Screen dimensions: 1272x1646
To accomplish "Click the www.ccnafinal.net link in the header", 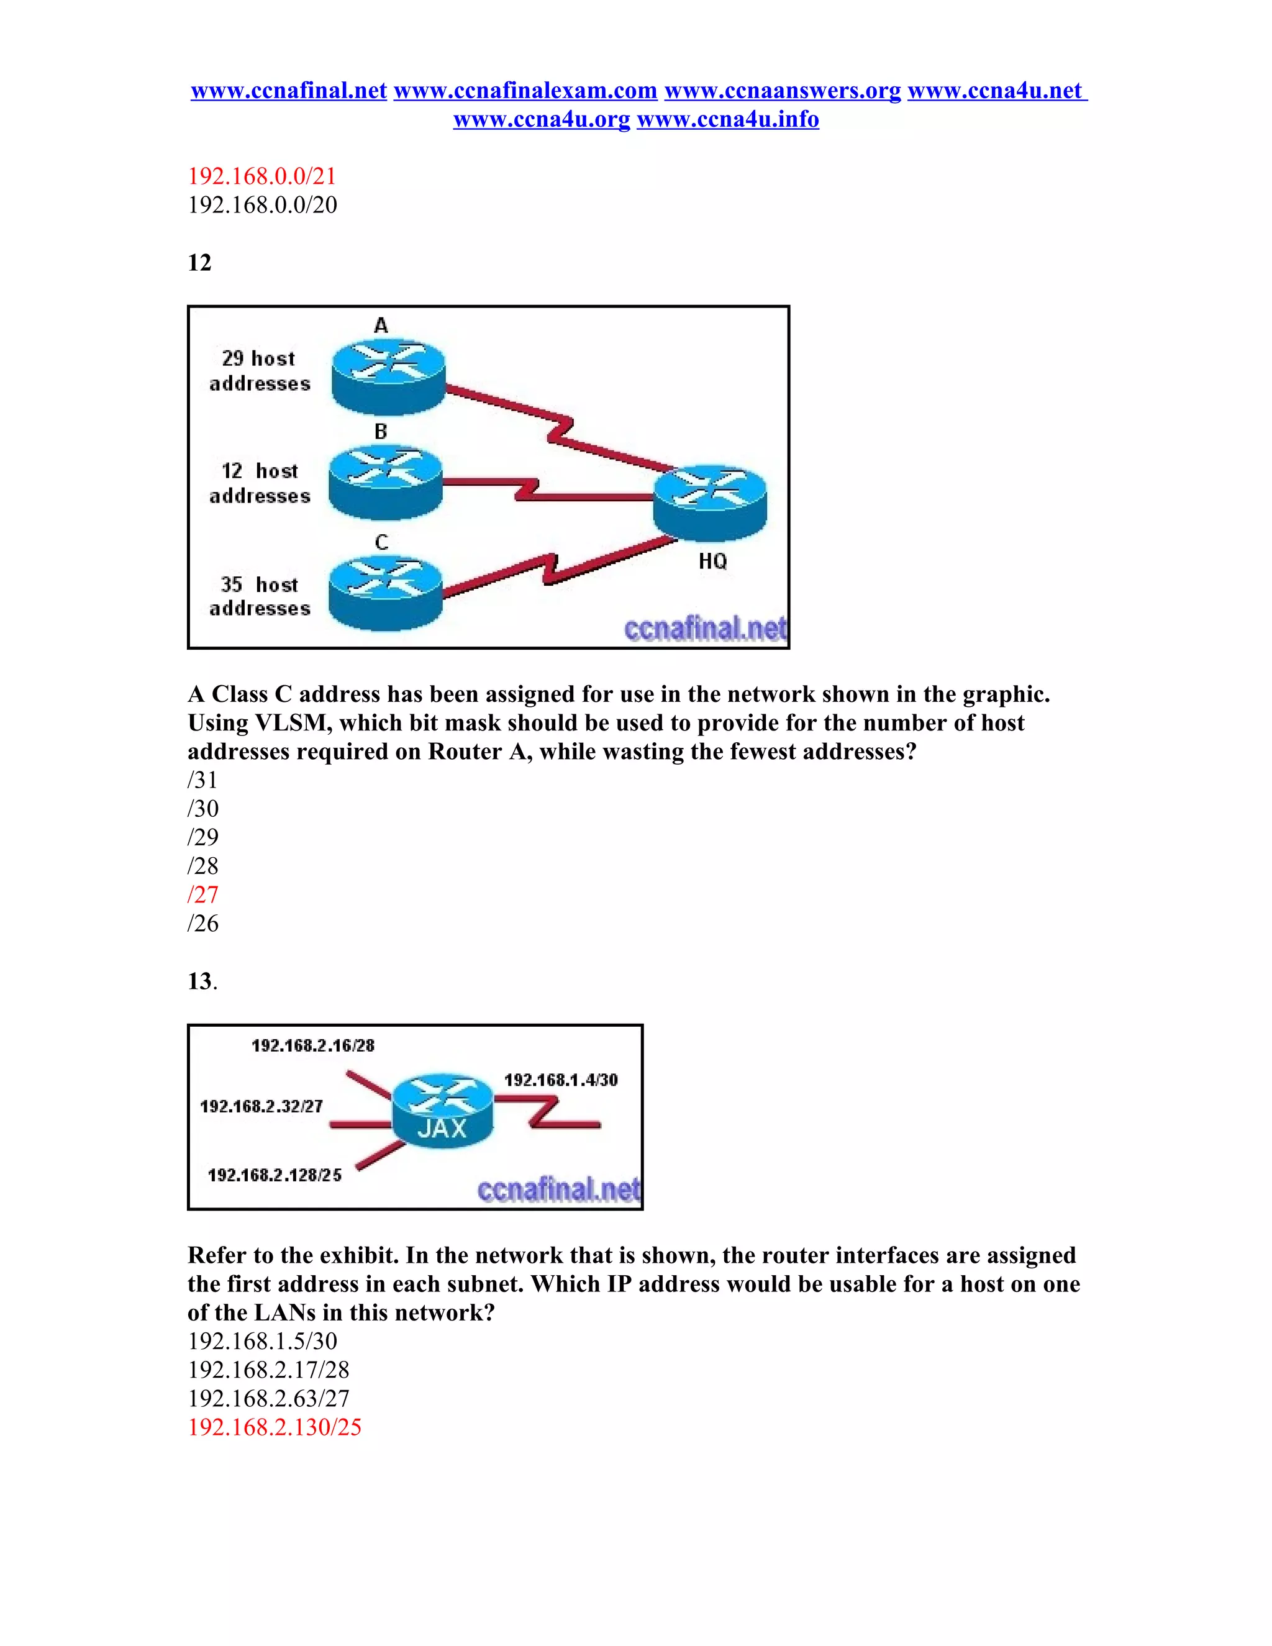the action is (289, 91).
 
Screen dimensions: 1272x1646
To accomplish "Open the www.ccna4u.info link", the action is (727, 119).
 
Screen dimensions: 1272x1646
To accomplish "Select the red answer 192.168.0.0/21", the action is (261, 176).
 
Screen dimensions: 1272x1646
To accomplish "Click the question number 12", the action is (200, 262).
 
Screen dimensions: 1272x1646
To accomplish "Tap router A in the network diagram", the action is (389, 374).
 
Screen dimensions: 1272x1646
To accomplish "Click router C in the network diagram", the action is (386, 591).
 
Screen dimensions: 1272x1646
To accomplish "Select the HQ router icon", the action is (710, 502).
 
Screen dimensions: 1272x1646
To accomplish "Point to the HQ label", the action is (712, 562).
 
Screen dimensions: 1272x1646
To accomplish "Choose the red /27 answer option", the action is (202, 894).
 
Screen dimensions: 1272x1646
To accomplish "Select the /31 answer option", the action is (202, 780).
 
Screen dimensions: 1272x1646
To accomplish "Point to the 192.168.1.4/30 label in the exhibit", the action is (561, 1080).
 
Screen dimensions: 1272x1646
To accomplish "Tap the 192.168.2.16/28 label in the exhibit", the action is (313, 1045).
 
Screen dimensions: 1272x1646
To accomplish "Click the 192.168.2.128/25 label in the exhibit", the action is (275, 1175).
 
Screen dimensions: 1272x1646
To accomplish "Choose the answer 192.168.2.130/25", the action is (275, 1427).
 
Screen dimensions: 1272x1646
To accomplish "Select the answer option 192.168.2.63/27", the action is (268, 1398).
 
